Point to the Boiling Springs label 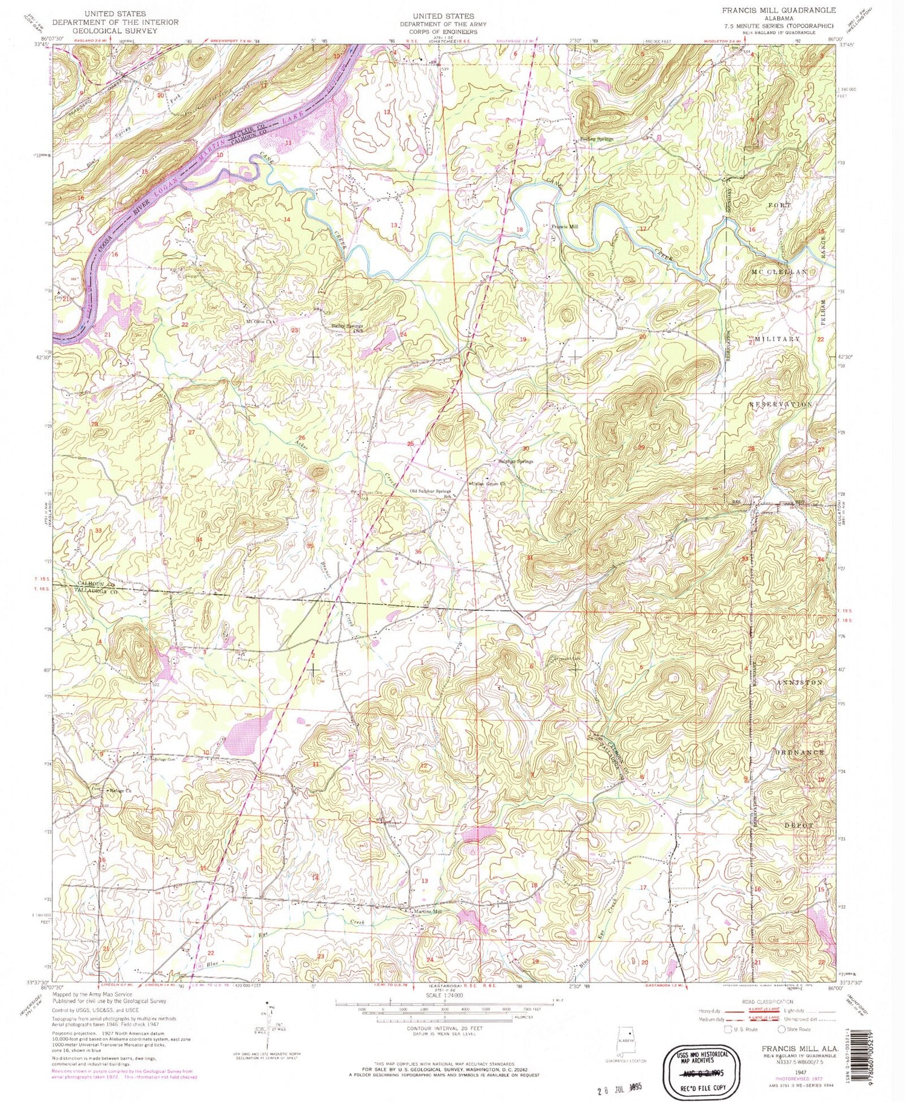(597, 139)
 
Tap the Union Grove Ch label (487, 483)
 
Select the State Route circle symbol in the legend (782, 1029)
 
